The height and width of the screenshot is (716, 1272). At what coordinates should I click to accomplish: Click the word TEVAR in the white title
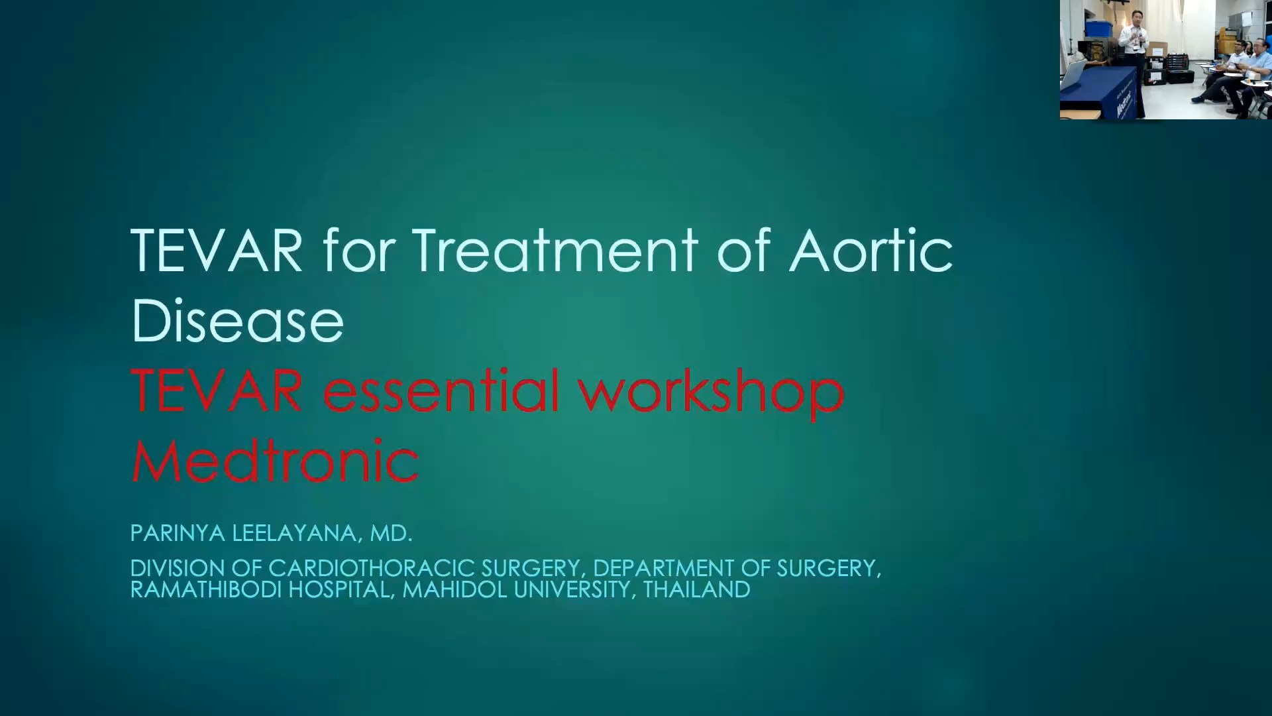coord(217,251)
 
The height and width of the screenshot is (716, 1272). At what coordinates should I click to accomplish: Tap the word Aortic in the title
coord(871,251)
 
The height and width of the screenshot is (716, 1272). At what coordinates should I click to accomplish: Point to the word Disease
coord(237,322)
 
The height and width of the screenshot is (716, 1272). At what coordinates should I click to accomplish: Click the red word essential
coord(441,391)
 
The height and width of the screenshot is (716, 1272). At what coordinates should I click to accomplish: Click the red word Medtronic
coord(274,461)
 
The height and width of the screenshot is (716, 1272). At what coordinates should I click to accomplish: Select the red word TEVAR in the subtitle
coord(217,391)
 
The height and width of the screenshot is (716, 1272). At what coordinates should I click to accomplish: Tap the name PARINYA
coord(178,533)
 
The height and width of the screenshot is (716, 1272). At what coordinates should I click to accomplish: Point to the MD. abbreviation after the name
coord(391,533)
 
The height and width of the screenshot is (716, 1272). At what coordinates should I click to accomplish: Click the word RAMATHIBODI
coord(205,589)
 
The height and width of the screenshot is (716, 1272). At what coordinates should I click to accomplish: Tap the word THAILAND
coord(696,589)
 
